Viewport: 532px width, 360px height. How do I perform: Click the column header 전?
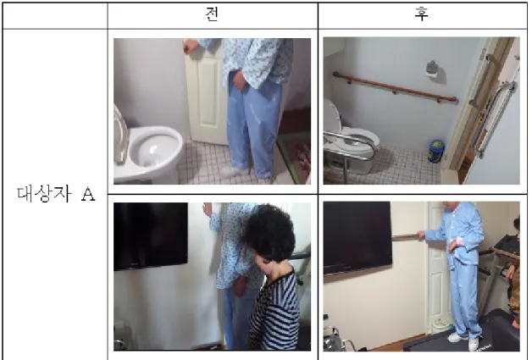212,14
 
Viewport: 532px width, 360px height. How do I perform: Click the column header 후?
422,14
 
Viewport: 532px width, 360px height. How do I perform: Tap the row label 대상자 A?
56,194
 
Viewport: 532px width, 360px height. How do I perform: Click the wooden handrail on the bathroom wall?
396,87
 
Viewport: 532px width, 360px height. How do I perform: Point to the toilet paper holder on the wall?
432,69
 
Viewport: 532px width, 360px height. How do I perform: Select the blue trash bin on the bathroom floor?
436,151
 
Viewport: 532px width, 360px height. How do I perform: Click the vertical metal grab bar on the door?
496,119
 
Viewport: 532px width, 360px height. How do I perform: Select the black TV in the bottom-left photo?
150,235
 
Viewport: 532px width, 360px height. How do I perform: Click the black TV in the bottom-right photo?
357,237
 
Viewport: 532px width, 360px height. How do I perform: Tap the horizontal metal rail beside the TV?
406,236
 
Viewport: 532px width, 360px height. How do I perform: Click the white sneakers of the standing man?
465,341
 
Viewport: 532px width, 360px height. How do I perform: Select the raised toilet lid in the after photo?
332,115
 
